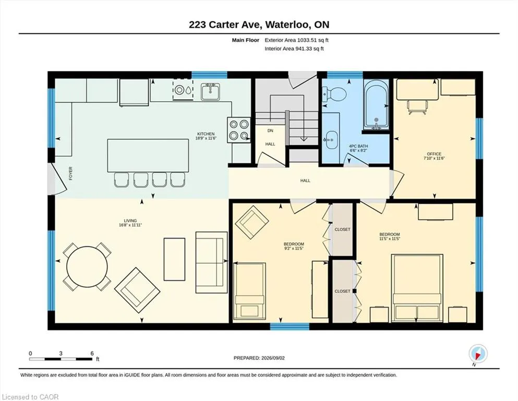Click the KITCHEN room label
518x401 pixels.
coord(206,134)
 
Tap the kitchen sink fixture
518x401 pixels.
coord(210,91)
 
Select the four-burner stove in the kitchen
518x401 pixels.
coord(239,130)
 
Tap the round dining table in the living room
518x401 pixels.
coord(87,267)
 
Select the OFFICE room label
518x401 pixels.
coord(434,154)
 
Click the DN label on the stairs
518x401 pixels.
coord(270,131)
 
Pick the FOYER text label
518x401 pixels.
coord(70,173)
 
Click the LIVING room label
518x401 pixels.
coord(130,221)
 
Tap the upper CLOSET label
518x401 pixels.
coord(342,229)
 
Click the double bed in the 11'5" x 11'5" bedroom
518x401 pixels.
coord(417,288)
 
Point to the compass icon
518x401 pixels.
coord(478,353)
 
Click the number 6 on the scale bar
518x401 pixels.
coord(92,353)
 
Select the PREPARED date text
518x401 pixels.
coord(259,358)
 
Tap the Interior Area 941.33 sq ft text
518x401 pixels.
coord(294,49)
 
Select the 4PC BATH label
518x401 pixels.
coord(358,146)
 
